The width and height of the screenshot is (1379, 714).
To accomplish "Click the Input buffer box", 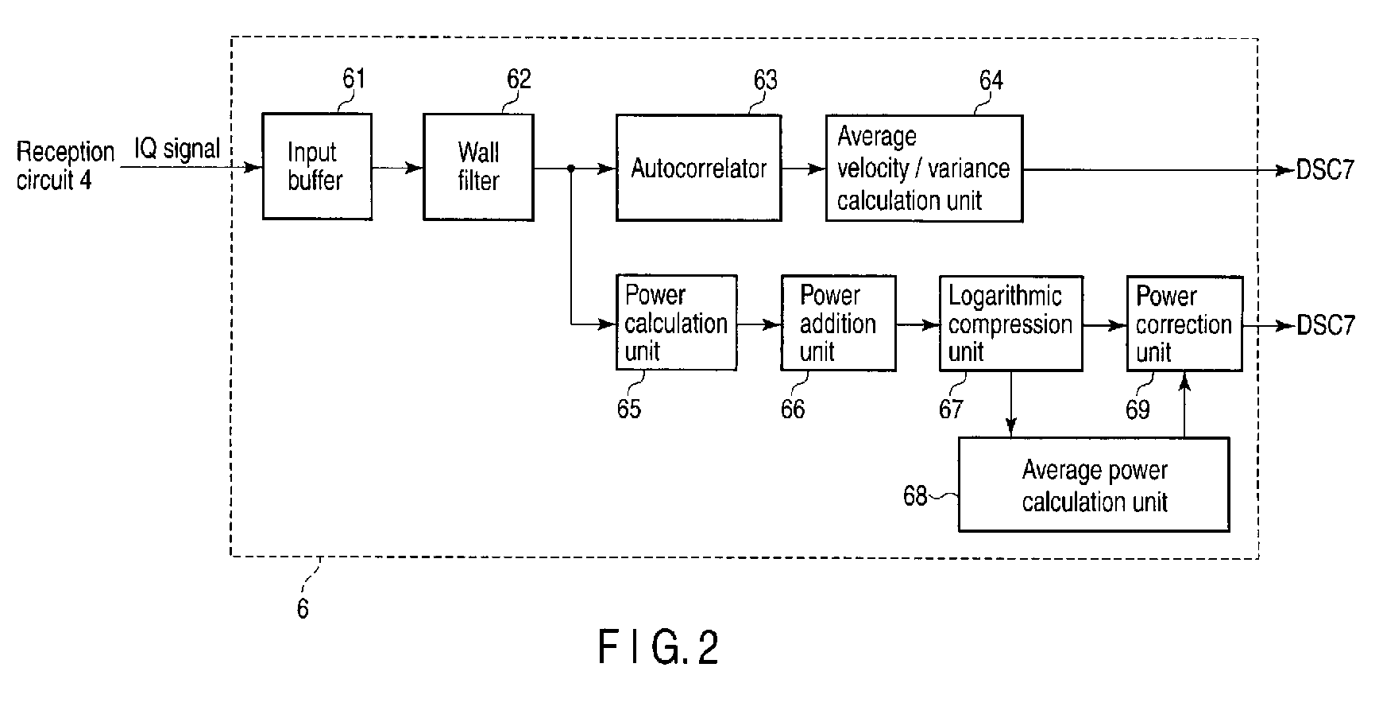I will click(317, 167).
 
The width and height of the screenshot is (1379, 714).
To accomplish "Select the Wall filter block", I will click(478, 167).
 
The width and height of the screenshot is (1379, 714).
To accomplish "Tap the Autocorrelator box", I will click(698, 169).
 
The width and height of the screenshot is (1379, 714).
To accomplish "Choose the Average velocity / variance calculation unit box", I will click(924, 169).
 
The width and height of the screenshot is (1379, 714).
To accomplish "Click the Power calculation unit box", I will click(676, 323).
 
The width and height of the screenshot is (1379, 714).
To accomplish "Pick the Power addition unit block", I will click(838, 323).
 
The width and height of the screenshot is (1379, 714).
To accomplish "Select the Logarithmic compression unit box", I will click(1010, 324).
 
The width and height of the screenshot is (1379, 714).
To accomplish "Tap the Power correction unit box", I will click(1184, 324).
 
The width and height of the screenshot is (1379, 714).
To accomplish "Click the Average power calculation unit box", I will click(1094, 485).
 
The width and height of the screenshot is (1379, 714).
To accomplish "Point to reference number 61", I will click(353, 79).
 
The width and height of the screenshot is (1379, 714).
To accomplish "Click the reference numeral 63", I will click(765, 80).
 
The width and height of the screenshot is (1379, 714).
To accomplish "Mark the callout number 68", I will click(915, 496).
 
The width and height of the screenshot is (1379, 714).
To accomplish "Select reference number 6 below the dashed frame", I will click(303, 609).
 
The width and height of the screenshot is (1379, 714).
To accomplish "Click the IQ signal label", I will click(176, 149).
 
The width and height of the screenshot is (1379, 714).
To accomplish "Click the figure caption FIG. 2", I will click(658, 647).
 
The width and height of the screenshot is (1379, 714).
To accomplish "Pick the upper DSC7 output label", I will click(1325, 170).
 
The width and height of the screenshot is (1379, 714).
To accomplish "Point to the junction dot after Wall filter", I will click(571, 169).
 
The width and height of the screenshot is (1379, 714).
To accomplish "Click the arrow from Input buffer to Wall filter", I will click(397, 168).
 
